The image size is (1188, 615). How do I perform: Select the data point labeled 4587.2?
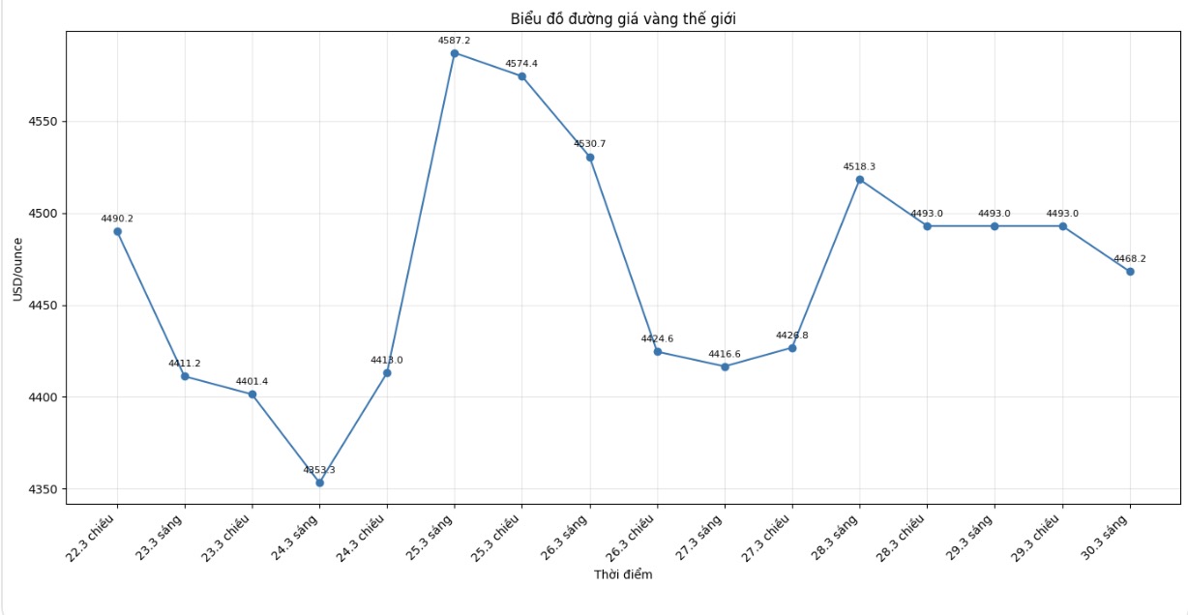pyautogui.click(x=455, y=53)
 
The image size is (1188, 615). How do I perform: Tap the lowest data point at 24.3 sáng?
pyautogui.click(x=319, y=483)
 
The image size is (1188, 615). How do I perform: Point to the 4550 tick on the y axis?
pyautogui.click(x=43, y=122)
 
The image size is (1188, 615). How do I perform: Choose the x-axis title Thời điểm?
pyautogui.click(x=623, y=574)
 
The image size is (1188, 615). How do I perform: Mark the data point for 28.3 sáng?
pyautogui.click(x=859, y=180)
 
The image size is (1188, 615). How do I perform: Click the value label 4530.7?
pyautogui.click(x=589, y=144)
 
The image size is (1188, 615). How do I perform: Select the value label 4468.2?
pyautogui.click(x=1129, y=259)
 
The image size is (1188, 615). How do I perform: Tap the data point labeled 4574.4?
pyautogui.click(x=521, y=76)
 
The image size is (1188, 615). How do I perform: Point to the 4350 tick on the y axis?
pyautogui.click(x=43, y=489)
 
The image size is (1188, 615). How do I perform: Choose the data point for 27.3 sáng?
pyautogui.click(x=725, y=366)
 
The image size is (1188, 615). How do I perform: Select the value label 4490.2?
pyautogui.click(x=117, y=219)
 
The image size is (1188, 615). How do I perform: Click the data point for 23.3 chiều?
pyautogui.click(x=252, y=395)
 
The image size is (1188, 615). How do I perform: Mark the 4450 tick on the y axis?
pyautogui.click(x=43, y=306)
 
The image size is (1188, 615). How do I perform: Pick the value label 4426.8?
pyautogui.click(x=791, y=336)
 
